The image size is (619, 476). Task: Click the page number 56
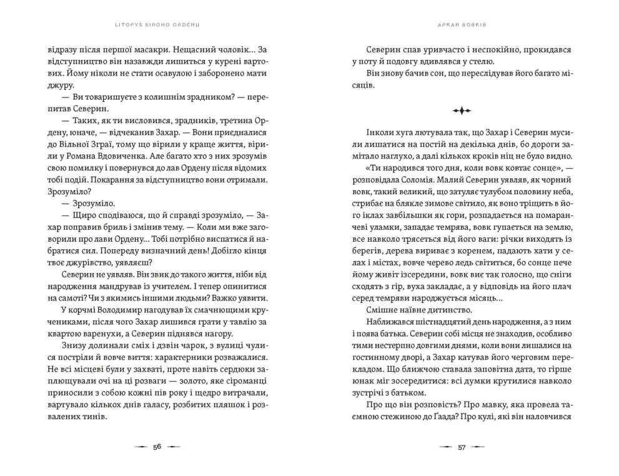pyautogui.click(x=157, y=447)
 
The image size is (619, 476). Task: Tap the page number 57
pyautogui.click(x=462, y=447)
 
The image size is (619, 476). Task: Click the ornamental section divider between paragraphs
pyautogui.click(x=462, y=111)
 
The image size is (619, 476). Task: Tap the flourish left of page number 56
pyautogui.click(x=141, y=447)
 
